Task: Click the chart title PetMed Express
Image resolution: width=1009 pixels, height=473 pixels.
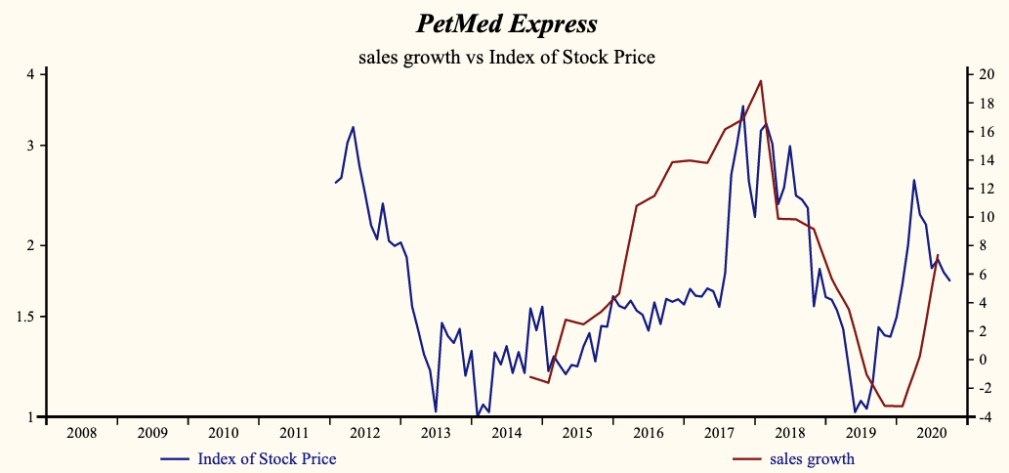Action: coord(506,22)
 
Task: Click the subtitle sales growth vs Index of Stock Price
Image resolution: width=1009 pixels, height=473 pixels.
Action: coord(506,58)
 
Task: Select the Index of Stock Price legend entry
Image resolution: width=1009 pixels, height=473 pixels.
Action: coord(266,458)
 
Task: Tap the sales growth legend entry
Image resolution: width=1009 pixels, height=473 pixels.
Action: coord(811,458)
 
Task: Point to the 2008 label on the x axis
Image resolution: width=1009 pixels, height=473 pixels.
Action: coord(82,433)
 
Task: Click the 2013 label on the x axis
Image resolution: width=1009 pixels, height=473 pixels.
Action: coord(436,433)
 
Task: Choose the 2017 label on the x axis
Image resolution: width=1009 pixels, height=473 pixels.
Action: coord(719,433)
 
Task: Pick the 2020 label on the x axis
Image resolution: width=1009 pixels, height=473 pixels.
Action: coord(931,433)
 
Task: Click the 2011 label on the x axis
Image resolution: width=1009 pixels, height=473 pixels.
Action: coord(294,433)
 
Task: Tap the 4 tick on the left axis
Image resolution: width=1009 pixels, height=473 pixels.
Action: coord(31,74)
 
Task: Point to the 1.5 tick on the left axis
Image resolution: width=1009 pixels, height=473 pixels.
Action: coord(26,317)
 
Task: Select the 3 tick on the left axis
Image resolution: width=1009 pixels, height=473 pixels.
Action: coord(31,146)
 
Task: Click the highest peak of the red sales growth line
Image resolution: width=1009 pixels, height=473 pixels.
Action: coord(761,80)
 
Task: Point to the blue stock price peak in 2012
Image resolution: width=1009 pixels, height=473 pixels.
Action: coord(353,127)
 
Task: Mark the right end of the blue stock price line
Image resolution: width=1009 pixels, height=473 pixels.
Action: coord(949,281)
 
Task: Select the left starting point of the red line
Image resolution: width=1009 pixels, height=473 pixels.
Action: coord(529,375)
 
